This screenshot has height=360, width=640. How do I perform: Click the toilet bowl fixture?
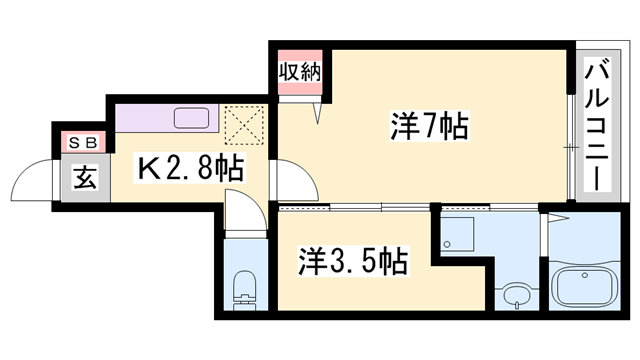(x=242, y=291)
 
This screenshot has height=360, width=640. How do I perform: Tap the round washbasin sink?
(x=516, y=296)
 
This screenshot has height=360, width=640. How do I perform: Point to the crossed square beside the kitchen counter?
(x=243, y=125)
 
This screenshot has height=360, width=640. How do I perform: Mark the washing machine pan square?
(x=461, y=233)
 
